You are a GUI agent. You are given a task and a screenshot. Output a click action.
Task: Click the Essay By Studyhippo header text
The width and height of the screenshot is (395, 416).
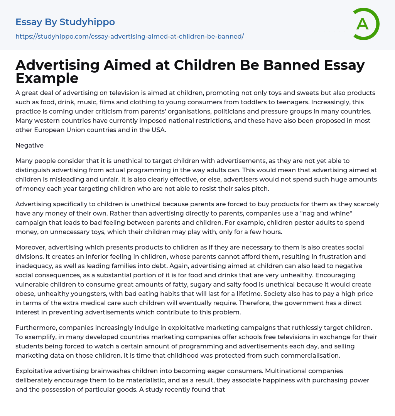pos(65,22)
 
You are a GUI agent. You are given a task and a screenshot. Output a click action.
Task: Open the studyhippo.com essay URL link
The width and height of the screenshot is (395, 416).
pos(130,36)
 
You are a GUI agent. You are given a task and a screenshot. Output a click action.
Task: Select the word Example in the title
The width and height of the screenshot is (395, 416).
pos(47,78)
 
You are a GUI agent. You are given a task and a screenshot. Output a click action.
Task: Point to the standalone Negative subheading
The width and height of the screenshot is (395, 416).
pos(29,145)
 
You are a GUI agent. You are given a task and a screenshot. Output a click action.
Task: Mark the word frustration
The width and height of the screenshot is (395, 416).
pos(326,256)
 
